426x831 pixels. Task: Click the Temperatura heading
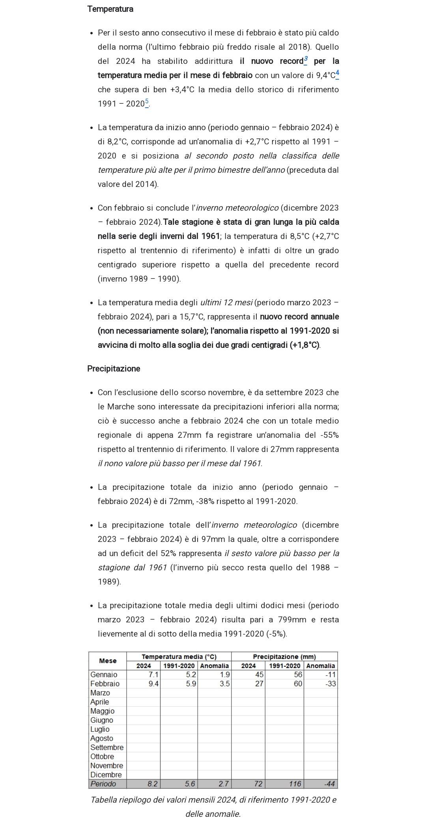(x=110, y=9)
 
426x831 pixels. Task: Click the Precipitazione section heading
(x=114, y=369)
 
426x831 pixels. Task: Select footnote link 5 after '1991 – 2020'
(x=147, y=103)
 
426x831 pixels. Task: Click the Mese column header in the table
(x=108, y=661)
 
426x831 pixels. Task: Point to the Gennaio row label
(x=104, y=674)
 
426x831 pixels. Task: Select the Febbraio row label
(x=105, y=683)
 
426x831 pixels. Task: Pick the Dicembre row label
(x=106, y=775)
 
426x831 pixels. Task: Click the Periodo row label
(x=103, y=784)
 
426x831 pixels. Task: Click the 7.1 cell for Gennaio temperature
(x=153, y=674)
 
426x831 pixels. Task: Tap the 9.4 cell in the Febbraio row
(x=153, y=683)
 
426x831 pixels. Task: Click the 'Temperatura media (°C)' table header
(x=179, y=657)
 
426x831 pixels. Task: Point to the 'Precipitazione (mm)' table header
(x=284, y=657)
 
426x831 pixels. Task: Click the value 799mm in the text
(x=292, y=620)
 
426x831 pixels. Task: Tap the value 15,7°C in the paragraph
(x=192, y=317)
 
